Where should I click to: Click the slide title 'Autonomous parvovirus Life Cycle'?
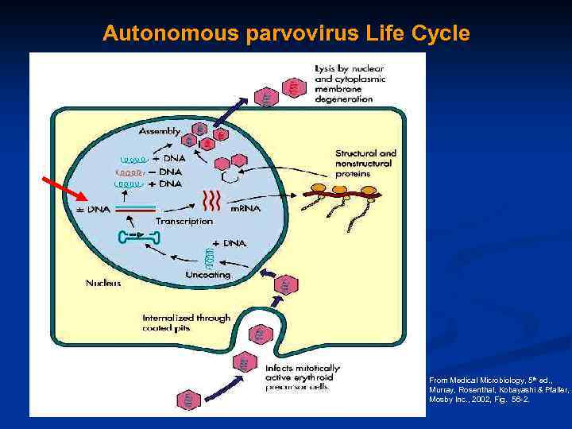click(x=286, y=34)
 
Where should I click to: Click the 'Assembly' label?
click(x=160, y=131)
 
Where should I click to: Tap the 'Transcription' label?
click(x=184, y=221)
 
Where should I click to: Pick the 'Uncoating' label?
click(x=207, y=275)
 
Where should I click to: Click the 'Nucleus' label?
click(x=103, y=282)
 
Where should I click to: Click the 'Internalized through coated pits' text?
click(x=186, y=323)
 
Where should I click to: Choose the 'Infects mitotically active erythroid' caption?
click(x=303, y=373)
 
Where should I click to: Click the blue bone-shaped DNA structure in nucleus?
click(x=140, y=236)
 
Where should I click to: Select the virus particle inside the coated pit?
click(x=259, y=334)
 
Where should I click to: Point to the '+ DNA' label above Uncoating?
click(x=230, y=243)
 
